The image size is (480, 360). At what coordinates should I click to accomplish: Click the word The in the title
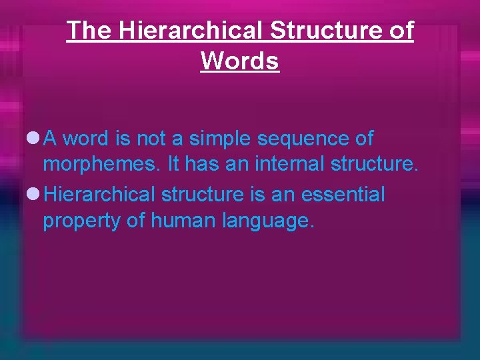pos(89,31)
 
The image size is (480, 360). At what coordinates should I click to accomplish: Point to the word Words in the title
pos(239,61)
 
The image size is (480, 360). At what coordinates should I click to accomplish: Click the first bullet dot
pos(33,139)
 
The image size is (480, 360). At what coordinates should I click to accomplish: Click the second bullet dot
pos(33,195)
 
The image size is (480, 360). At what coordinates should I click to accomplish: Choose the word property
pos(81,221)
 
